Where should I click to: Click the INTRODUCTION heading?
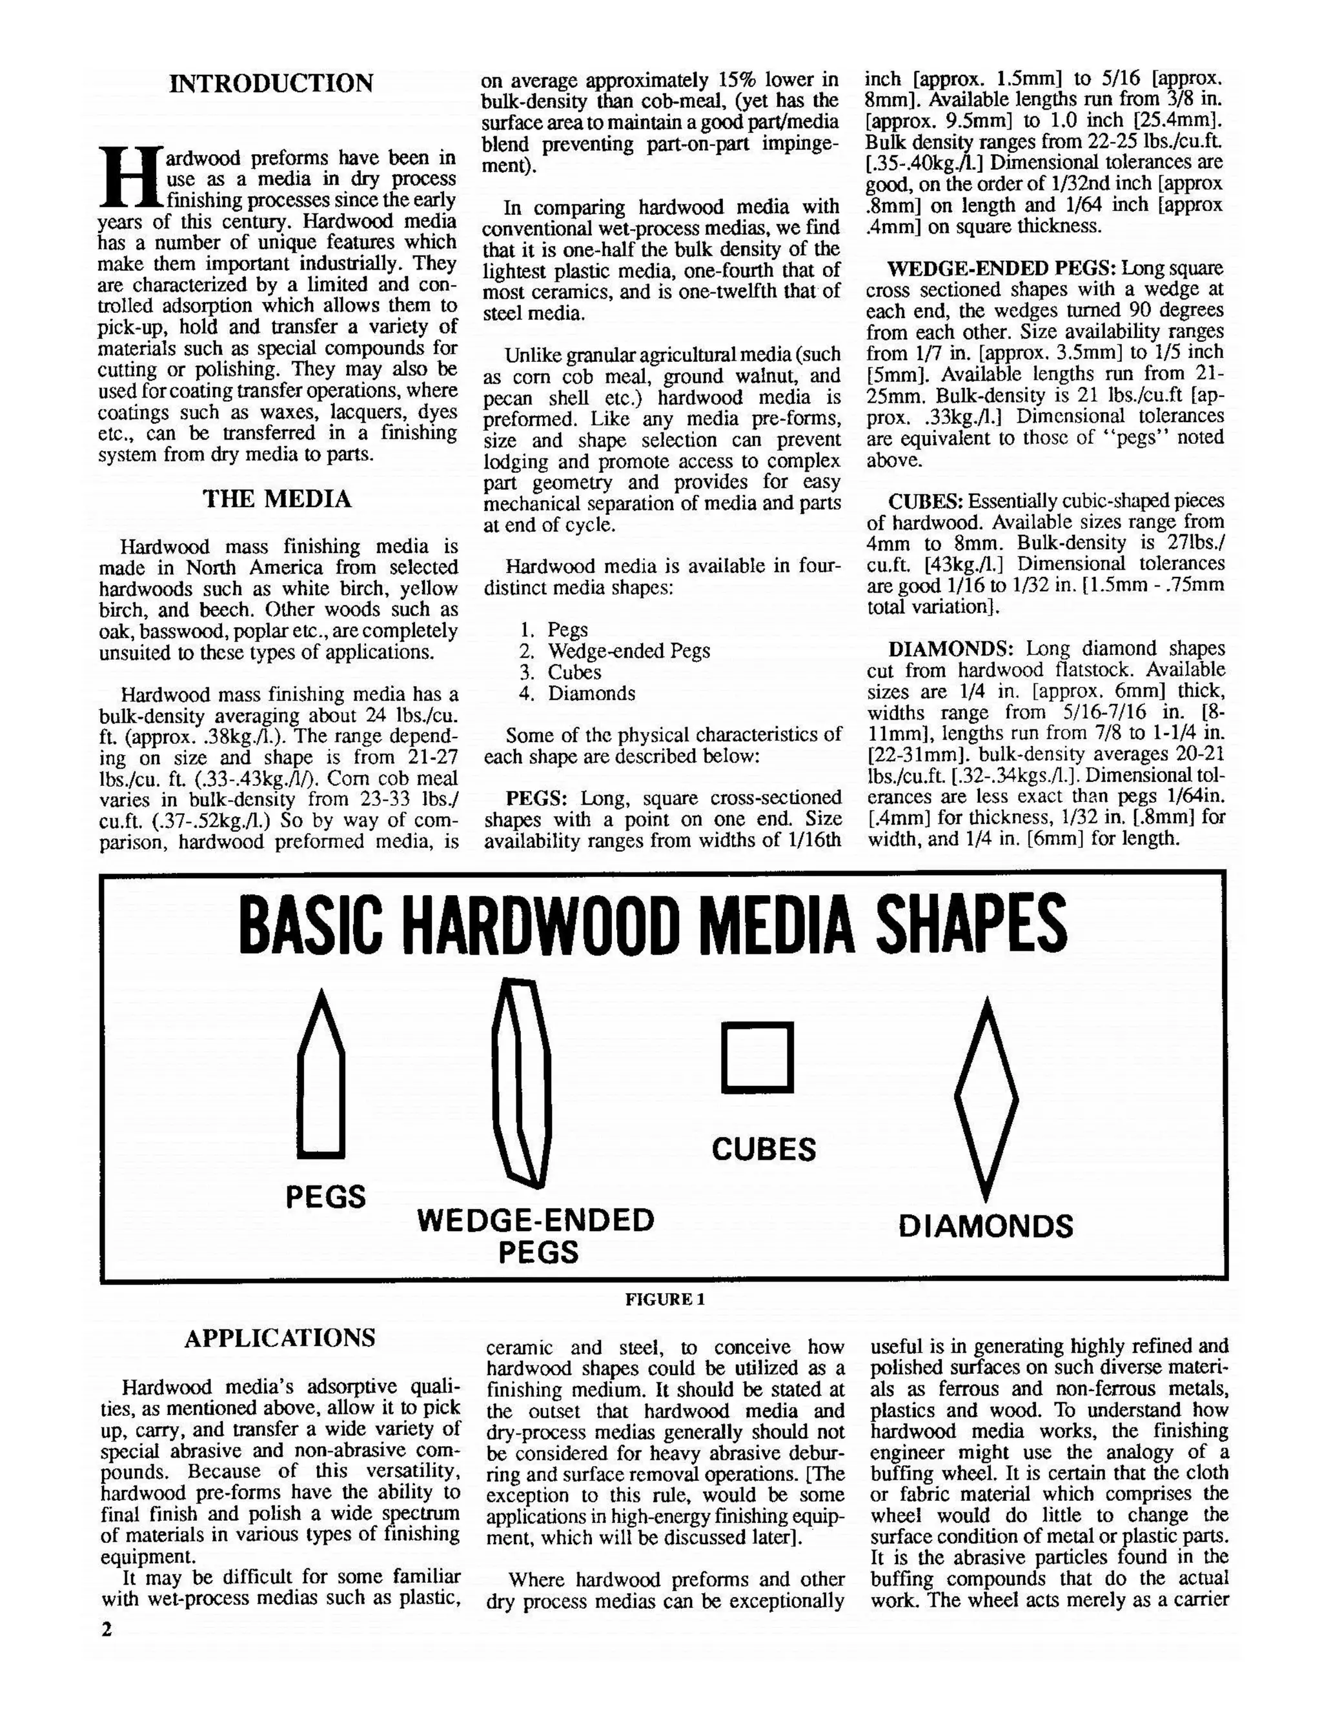tap(271, 83)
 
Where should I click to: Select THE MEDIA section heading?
tap(277, 499)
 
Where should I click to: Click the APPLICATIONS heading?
tap(280, 1337)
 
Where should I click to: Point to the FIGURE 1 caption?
tap(665, 1299)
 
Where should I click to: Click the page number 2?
tap(107, 1629)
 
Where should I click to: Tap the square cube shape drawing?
tap(757, 1057)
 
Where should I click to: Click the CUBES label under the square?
tap(764, 1149)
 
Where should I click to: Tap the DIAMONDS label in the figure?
tap(985, 1226)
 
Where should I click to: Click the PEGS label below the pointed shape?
tap(325, 1196)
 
